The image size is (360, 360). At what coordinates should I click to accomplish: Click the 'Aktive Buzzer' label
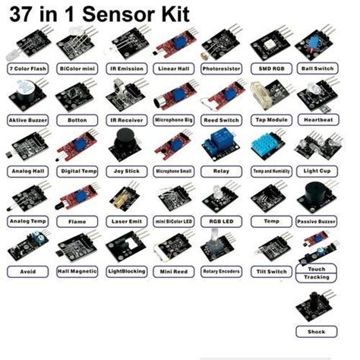(x=27, y=120)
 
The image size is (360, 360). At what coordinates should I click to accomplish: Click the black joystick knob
(x=124, y=143)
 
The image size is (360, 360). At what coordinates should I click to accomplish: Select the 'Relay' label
(x=221, y=171)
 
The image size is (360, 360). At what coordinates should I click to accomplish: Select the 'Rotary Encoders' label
(x=221, y=271)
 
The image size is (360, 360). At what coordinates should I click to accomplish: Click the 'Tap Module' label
(x=270, y=120)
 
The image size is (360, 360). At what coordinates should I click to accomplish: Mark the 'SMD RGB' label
(x=270, y=68)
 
